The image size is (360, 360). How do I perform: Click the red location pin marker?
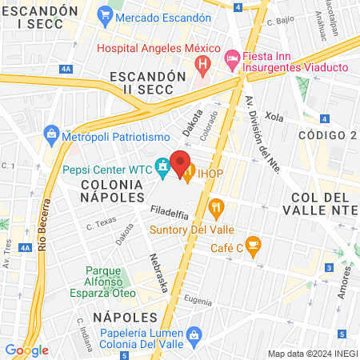pyautogui.click(x=181, y=160)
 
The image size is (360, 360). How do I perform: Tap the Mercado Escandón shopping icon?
pyautogui.click(x=105, y=14)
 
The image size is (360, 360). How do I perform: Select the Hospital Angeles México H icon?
pyautogui.click(x=203, y=62)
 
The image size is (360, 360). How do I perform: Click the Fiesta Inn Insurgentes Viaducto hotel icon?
pyautogui.click(x=231, y=57)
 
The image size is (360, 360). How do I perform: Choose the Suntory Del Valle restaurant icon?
pyautogui.click(x=215, y=210)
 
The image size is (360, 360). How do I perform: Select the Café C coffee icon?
pyautogui.click(x=253, y=245)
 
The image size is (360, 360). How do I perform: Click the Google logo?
pyautogui.click(x=26, y=350)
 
